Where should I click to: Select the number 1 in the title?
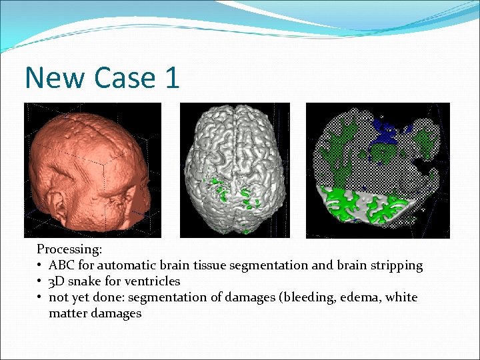171,78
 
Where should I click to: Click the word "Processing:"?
69,249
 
